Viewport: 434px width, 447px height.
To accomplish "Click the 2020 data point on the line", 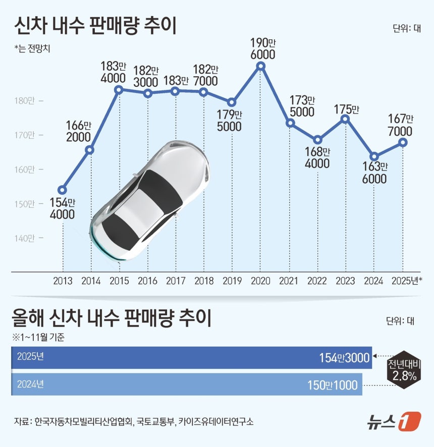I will [x=260, y=66].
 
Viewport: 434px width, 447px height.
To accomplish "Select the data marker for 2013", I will [x=62, y=190].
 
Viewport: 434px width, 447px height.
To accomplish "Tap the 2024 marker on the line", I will [x=374, y=156].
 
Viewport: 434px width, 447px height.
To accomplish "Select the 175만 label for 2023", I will [x=347, y=109].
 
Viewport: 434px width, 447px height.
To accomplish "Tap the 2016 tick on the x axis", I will [x=147, y=281].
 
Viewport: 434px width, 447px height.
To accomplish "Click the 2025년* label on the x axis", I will [x=407, y=281].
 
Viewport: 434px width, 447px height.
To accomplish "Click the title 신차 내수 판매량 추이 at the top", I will [x=95, y=26].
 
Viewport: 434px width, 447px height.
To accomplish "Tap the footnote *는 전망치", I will [x=33, y=49].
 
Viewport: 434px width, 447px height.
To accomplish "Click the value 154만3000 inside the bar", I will [x=344, y=357].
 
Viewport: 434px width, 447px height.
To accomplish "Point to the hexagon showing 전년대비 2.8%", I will [x=402, y=370].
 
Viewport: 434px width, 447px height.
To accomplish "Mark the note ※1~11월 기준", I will [x=38, y=336].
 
